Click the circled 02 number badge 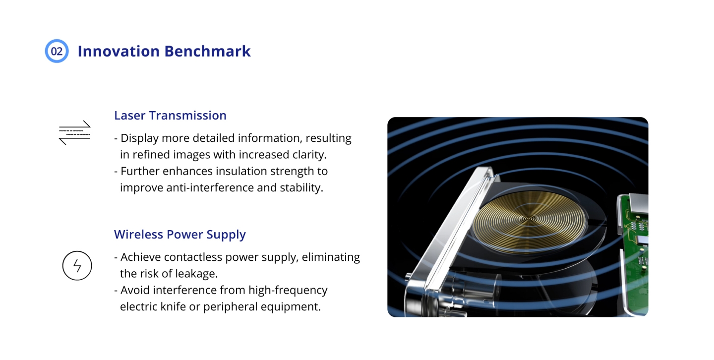[x=57, y=51]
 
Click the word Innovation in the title [x=119, y=52]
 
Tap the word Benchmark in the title [x=207, y=52]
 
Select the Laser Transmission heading [x=170, y=116]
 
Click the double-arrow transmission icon [x=75, y=133]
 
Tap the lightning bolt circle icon [x=77, y=266]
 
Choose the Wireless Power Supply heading [x=180, y=235]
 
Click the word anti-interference [x=210, y=188]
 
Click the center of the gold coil [x=529, y=219]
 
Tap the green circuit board [x=634, y=249]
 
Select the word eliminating [x=331, y=257]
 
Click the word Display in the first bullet [x=139, y=138]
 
